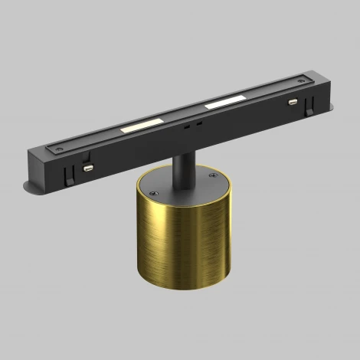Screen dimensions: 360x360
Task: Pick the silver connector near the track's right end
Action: tap(292, 101)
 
